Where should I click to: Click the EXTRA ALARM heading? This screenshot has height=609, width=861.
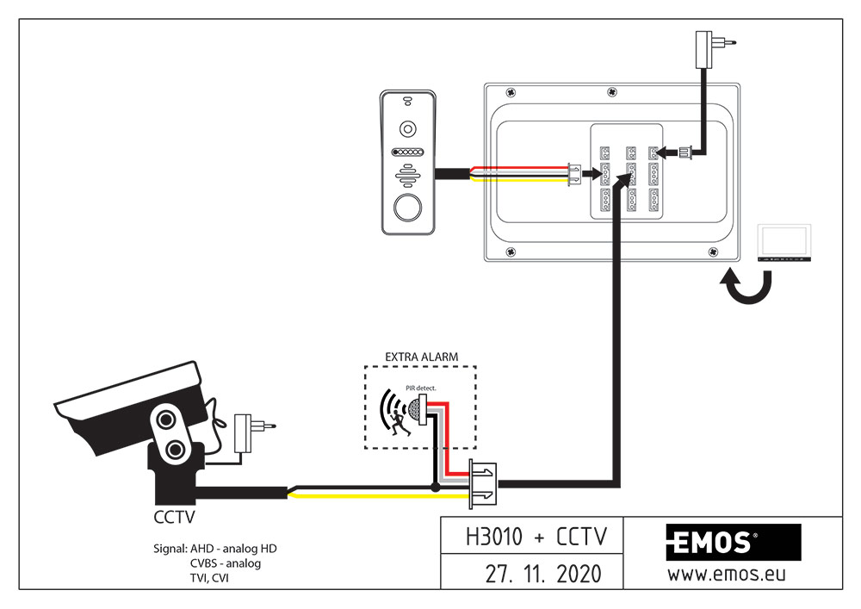coord(420,357)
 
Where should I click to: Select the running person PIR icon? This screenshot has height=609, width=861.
coord(398,414)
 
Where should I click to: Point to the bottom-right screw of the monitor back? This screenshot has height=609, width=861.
coord(713,251)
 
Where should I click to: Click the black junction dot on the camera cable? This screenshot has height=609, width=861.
coord(436,488)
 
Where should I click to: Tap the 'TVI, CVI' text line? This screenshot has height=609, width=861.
coord(210,578)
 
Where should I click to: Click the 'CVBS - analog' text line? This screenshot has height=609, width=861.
coord(226,563)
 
